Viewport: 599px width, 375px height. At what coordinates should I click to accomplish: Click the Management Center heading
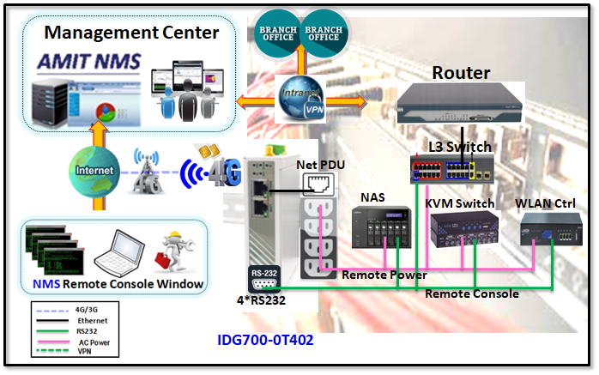point(131,33)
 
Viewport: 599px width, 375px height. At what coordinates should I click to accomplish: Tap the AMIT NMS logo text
point(87,63)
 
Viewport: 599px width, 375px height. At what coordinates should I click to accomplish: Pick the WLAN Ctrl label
point(545,203)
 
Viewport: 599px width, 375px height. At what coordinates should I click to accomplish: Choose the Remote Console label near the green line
point(472,293)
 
